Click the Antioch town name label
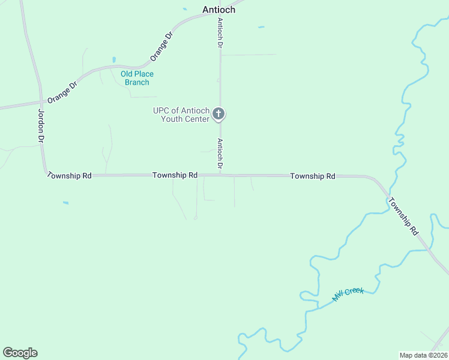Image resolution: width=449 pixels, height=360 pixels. [218, 10]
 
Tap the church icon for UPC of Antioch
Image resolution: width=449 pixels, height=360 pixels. [220, 113]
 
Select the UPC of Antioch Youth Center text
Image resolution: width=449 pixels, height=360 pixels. [181, 115]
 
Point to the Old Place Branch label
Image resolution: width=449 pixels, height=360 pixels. [137, 78]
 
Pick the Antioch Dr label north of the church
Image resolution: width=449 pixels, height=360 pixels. [220, 33]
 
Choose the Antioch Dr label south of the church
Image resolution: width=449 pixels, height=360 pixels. [220, 154]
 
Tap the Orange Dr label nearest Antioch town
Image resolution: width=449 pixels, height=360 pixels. [161, 46]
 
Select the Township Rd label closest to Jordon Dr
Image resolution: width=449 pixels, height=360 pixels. [69, 176]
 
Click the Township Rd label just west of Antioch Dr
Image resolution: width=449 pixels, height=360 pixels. [175, 175]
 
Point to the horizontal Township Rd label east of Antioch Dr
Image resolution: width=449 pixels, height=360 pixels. [313, 176]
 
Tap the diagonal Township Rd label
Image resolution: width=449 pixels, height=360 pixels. [403, 215]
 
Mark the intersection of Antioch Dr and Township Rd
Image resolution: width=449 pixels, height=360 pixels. [220, 175]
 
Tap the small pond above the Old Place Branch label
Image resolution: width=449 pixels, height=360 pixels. [113, 60]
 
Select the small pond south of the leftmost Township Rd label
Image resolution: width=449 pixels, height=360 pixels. [65, 203]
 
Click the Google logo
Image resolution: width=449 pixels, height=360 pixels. [20, 353]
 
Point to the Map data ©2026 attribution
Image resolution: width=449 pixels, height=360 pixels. [423, 355]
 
